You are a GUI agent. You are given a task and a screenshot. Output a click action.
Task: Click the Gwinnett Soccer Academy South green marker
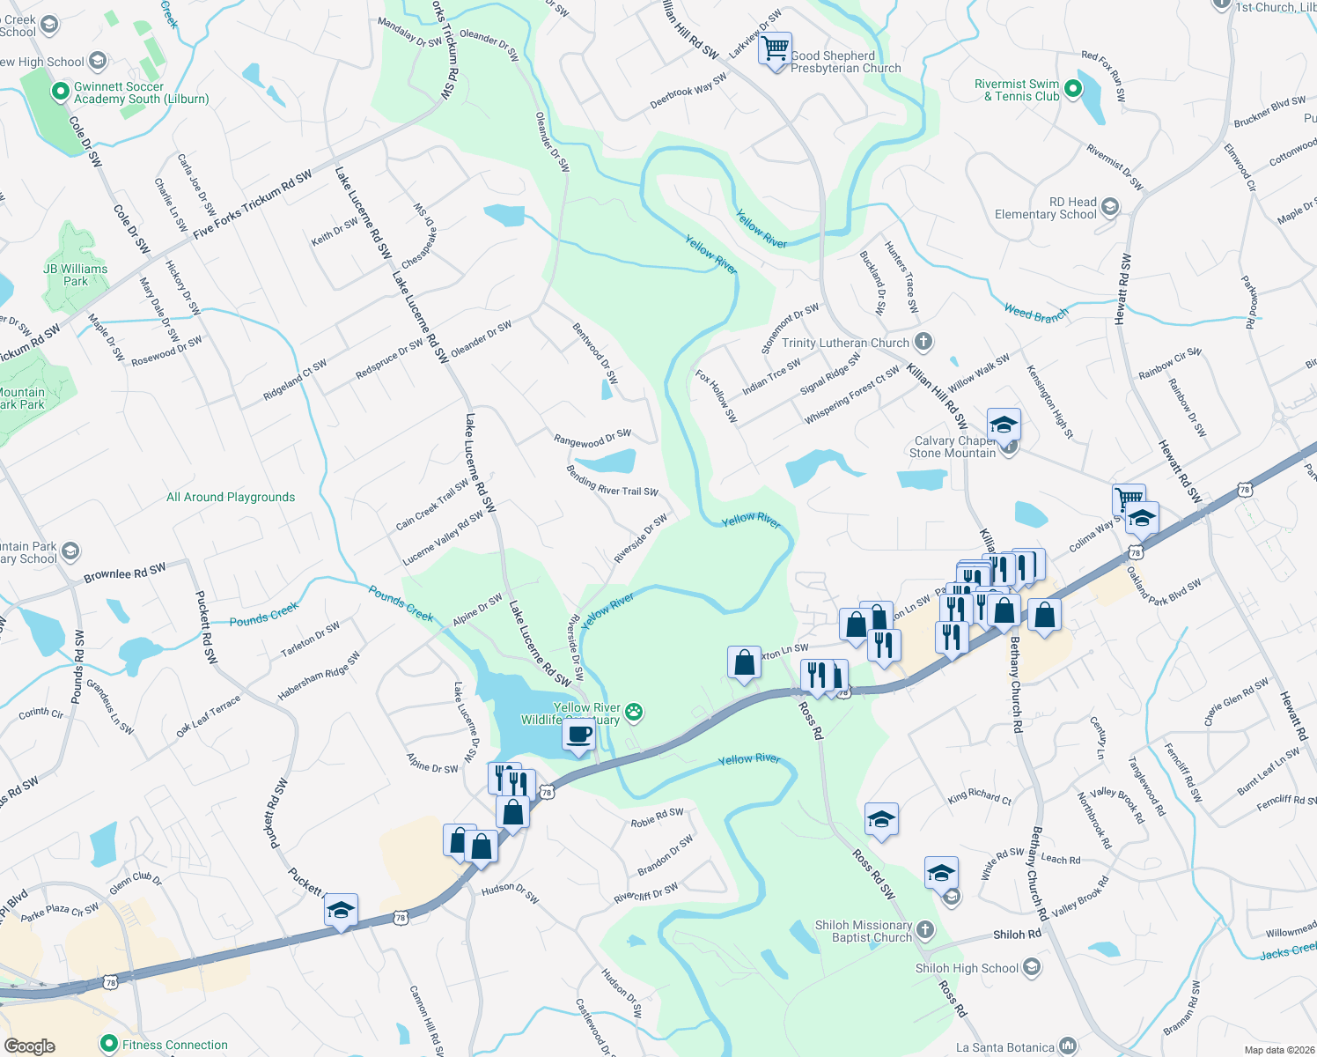point(60,92)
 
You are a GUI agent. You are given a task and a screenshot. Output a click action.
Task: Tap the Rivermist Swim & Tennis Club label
point(1017,91)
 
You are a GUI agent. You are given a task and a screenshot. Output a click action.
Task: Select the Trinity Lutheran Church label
point(845,343)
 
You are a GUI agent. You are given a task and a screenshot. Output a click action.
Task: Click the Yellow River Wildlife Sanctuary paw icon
point(635,711)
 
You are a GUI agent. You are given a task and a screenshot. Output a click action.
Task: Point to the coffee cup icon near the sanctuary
point(578,735)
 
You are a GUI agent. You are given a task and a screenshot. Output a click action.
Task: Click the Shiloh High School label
point(967,968)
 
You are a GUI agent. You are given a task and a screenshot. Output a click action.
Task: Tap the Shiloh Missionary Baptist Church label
point(864,931)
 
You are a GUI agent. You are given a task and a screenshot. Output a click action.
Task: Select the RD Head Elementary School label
point(1046,208)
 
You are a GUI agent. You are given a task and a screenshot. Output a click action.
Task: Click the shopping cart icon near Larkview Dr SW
point(776,49)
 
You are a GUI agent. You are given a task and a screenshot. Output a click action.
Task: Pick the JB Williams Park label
point(76,275)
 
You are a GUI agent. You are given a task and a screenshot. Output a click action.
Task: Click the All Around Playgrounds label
point(231,497)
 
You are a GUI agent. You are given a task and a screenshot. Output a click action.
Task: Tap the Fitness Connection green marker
point(109,1045)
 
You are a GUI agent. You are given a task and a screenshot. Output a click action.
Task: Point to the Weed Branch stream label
point(1036,313)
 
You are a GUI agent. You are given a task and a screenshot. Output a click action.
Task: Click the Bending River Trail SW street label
point(612,481)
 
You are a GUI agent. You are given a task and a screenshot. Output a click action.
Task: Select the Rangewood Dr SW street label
point(592,438)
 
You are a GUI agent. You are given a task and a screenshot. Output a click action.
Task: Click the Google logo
point(29,1046)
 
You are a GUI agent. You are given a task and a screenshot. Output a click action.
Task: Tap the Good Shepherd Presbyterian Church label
point(845,62)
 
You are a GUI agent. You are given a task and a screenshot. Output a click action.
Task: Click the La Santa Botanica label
point(1005,1047)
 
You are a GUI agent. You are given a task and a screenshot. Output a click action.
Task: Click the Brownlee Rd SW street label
point(124,573)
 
